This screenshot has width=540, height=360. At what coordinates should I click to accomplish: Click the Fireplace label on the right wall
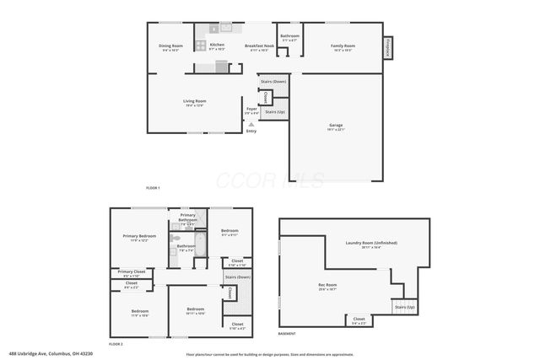click(x=387, y=48)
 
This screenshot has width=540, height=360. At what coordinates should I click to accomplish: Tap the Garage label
click(x=336, y=126)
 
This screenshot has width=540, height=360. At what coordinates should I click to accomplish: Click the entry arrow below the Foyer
click(x=251, y=125)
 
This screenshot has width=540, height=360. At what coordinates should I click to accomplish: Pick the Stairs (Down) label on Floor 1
click(x=273, y=82)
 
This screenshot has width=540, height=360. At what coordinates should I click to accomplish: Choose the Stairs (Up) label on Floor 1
click(x=275, y=111)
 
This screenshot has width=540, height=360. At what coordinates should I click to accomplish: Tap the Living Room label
click(x=195, y=101)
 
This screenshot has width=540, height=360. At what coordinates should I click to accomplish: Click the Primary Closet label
click(x=131, y=272)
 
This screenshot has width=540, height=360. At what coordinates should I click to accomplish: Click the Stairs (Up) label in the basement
click(x=405, y=307)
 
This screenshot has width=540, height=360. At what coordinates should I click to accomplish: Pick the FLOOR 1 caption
click(x=153, y=186)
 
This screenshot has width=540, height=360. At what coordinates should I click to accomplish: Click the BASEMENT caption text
click(x=287, y=334)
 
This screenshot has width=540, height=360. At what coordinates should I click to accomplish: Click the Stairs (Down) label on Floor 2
click(x=238, y=277)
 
